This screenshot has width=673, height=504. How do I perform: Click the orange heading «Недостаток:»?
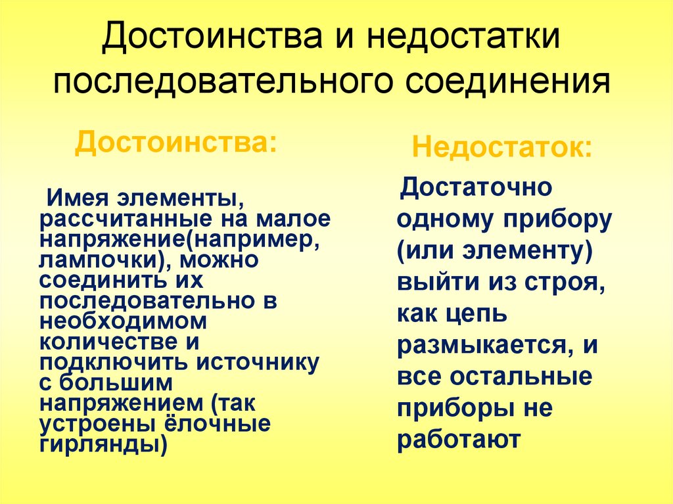coord(501,147)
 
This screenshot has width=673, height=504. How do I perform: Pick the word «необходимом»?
coord(123,322)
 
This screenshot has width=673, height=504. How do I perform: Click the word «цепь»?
coord(478,314)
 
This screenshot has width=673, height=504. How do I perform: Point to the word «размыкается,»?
coord(480,346)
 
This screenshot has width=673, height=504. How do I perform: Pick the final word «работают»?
coord(459,440)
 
